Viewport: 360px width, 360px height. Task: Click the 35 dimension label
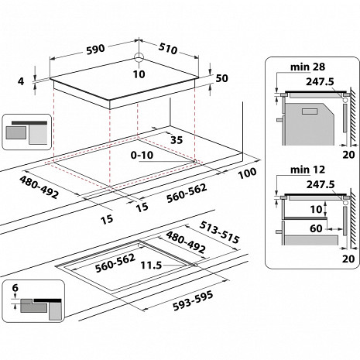pyautogui.click(x=176, y=139)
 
